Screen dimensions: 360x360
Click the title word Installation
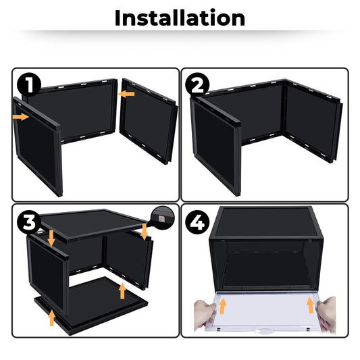click(x=180, y=18)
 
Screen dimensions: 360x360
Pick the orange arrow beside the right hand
click(x=310, y=305)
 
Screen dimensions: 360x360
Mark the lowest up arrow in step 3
click(x=51, y=317)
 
